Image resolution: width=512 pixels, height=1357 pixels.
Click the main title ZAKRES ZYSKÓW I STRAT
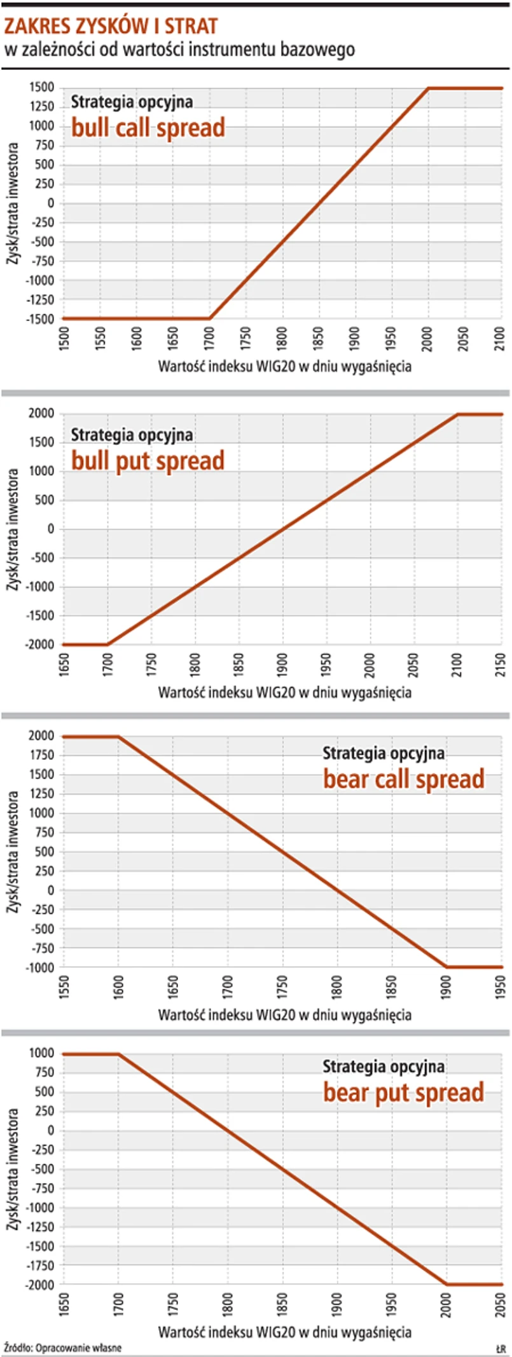pyautogui.click(x=111, y=26)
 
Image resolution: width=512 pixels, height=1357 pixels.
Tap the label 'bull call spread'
pyautogui.click(x=148, y=128)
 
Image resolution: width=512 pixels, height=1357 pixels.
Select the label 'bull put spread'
pyautogui.click(x=148, y=460)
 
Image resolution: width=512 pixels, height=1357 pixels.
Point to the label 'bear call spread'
pyautogui.click(x=404, y=779)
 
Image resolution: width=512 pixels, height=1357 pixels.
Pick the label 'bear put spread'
pyautogui.click(x=404, y=1092)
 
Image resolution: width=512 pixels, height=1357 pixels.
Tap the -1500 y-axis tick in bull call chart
pyautogui.click(x=40, y=318)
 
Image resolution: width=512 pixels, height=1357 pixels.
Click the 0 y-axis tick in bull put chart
pyautogui.click(x=51, y=529)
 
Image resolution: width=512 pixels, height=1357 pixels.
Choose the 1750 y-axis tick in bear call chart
pyautogui.click(x=42, y=755)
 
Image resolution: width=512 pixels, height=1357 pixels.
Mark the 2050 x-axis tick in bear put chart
pyautogui.click(x=501, y=1304)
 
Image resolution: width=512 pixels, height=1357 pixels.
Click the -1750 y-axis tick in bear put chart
pyautogui.click(x=40, y=1265)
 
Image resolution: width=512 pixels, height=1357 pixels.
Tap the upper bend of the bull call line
pyautogui.click(x=428, y=88)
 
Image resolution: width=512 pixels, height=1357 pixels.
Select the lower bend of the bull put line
pyautogui.click(x=107, y=644)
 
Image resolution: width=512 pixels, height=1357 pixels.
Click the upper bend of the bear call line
pyautogui.click(x=118, y=737)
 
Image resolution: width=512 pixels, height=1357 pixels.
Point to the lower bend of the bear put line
pyautogui.click(x=446, y=1284)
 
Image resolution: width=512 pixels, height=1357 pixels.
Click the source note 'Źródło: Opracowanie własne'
pyautogui.click(x=62, y=1347)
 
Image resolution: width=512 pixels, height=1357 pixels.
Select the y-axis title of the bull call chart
pyautogui.click(x=12, y=203)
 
